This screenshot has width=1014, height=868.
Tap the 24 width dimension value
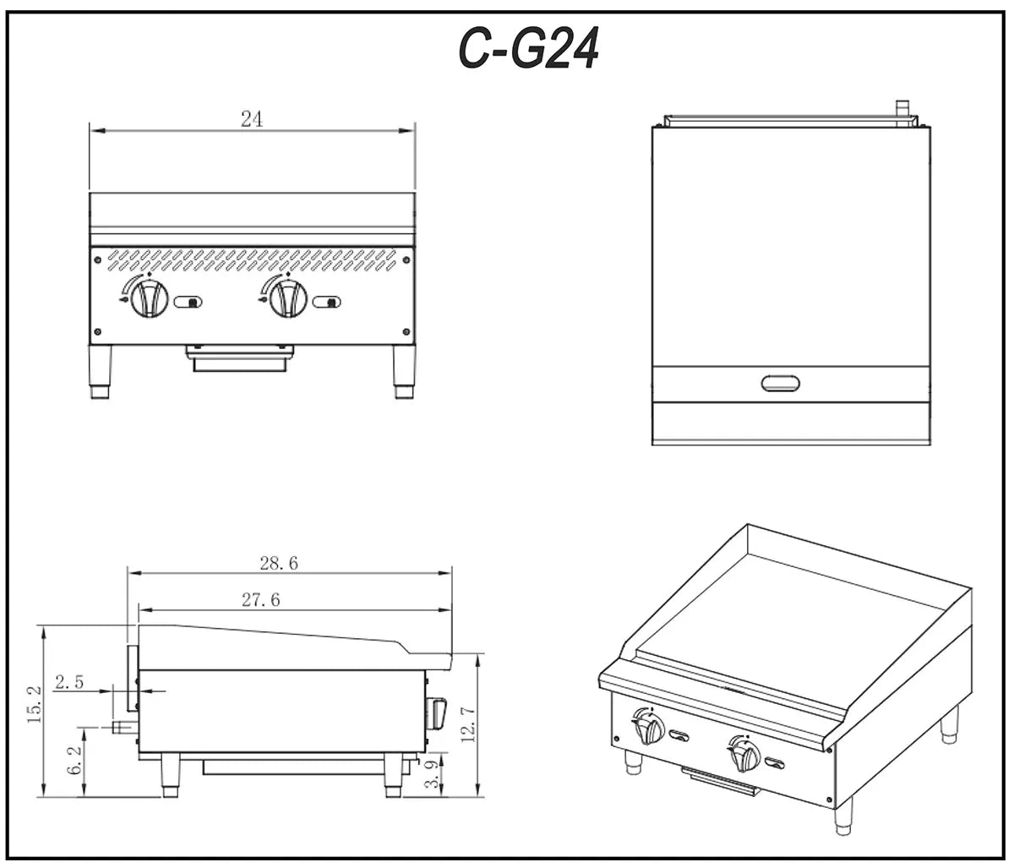click(251, 119)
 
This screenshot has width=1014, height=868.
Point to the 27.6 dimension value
click(261, 600)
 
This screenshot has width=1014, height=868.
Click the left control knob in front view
click(149, 298)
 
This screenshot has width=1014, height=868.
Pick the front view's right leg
click(404, 371)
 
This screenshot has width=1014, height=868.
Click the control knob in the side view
click(437, 712)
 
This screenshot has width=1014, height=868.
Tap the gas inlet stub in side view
click(121, 727)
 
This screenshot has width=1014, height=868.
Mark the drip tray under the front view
click(240, 358)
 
